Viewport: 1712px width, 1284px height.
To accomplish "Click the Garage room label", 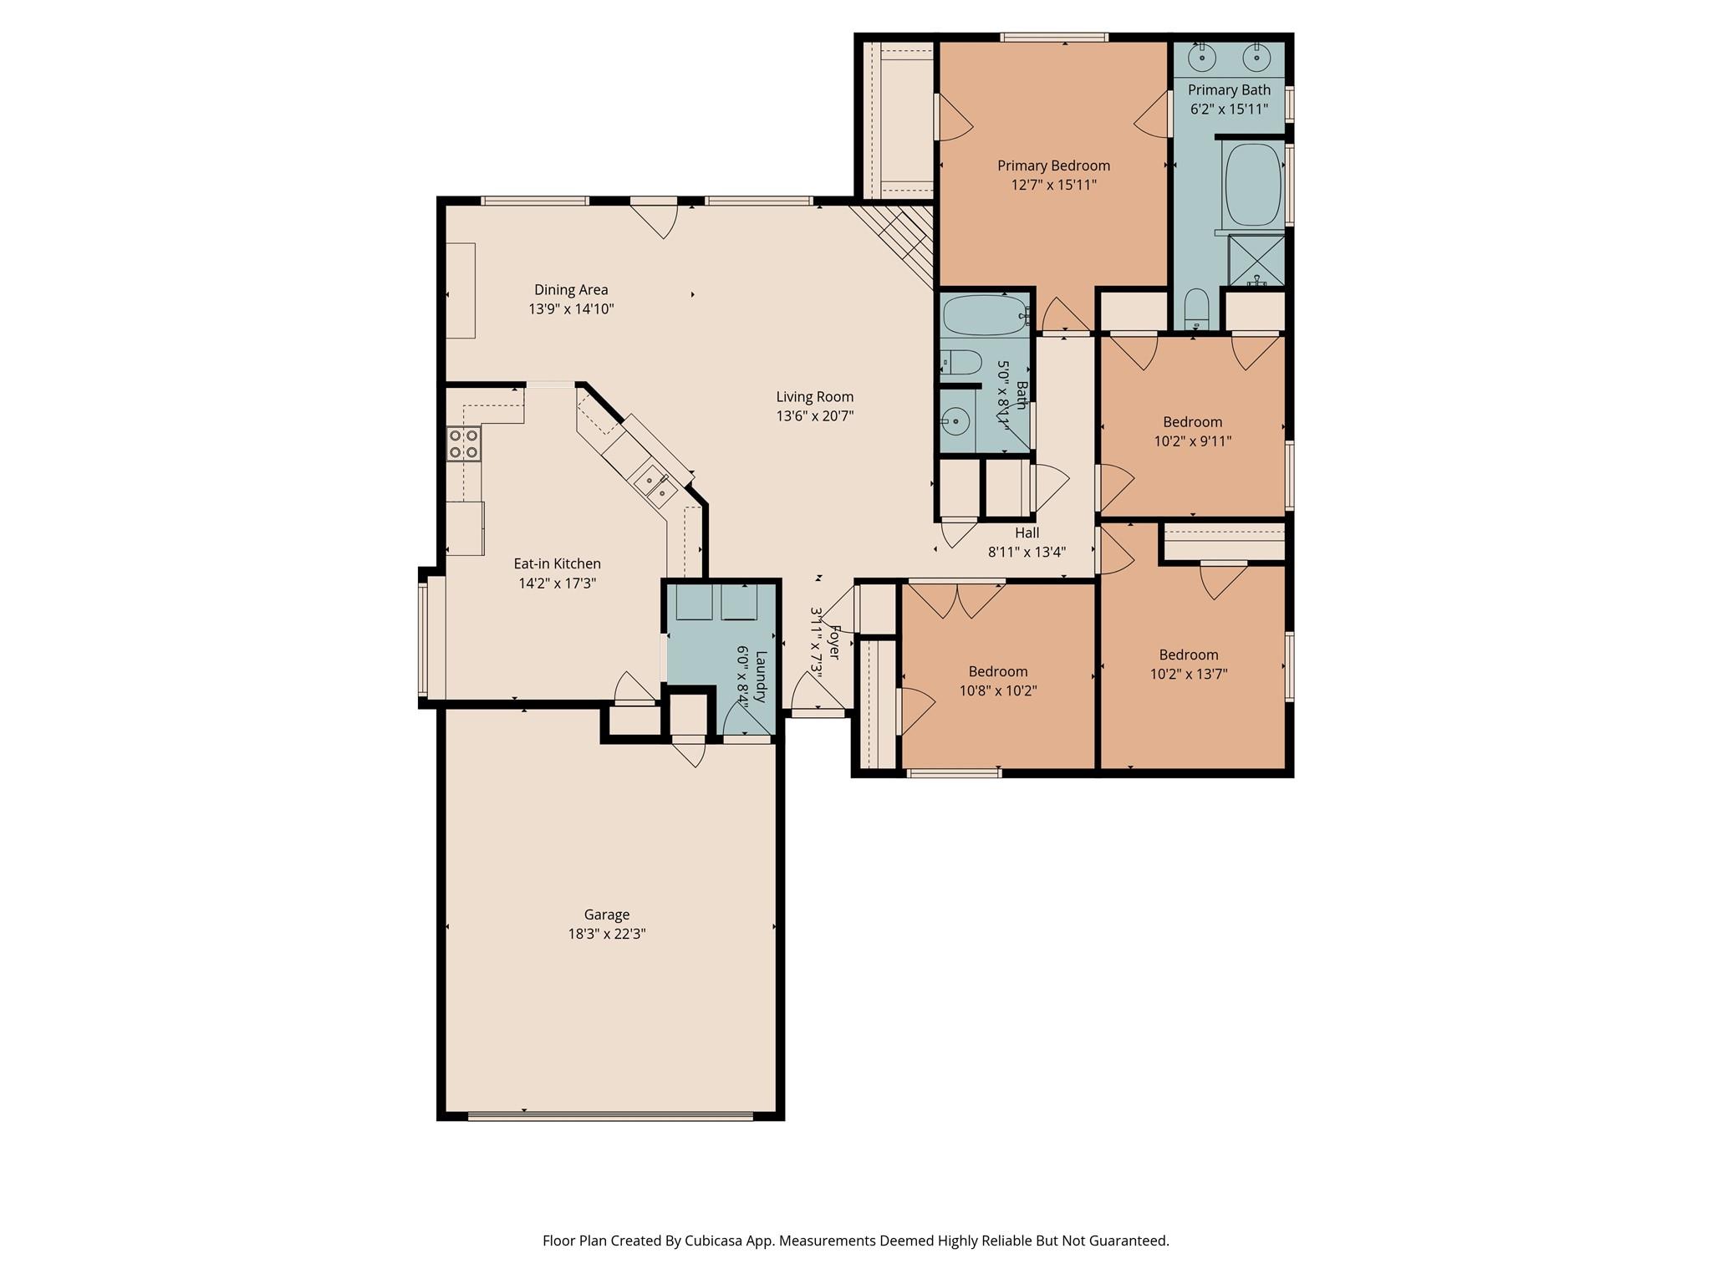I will [606, 915].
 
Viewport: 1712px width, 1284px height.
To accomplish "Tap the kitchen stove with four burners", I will [463, 443].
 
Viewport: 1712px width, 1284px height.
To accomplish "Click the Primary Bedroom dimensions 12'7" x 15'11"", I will [1053, 185].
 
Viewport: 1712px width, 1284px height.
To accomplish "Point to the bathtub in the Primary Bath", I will [1253, 186].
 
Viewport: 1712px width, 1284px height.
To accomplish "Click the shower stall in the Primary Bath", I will [1256, 261].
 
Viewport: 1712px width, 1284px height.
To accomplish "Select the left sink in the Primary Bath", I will [1201, 58].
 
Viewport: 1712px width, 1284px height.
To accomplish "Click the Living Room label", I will [814, 397].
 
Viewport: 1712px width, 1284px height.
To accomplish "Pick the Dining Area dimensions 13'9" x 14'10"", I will [571, 309].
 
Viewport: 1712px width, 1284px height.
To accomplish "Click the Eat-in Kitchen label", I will [557, 563].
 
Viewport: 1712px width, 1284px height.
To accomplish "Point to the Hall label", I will [1027, 532].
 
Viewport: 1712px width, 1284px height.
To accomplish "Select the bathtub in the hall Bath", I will [984, 314].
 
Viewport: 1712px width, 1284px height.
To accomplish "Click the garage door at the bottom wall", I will [610, 1114].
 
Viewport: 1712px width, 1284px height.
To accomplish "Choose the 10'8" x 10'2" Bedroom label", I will [997, 671].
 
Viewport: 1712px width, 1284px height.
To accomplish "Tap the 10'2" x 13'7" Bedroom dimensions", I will [1188, 675].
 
